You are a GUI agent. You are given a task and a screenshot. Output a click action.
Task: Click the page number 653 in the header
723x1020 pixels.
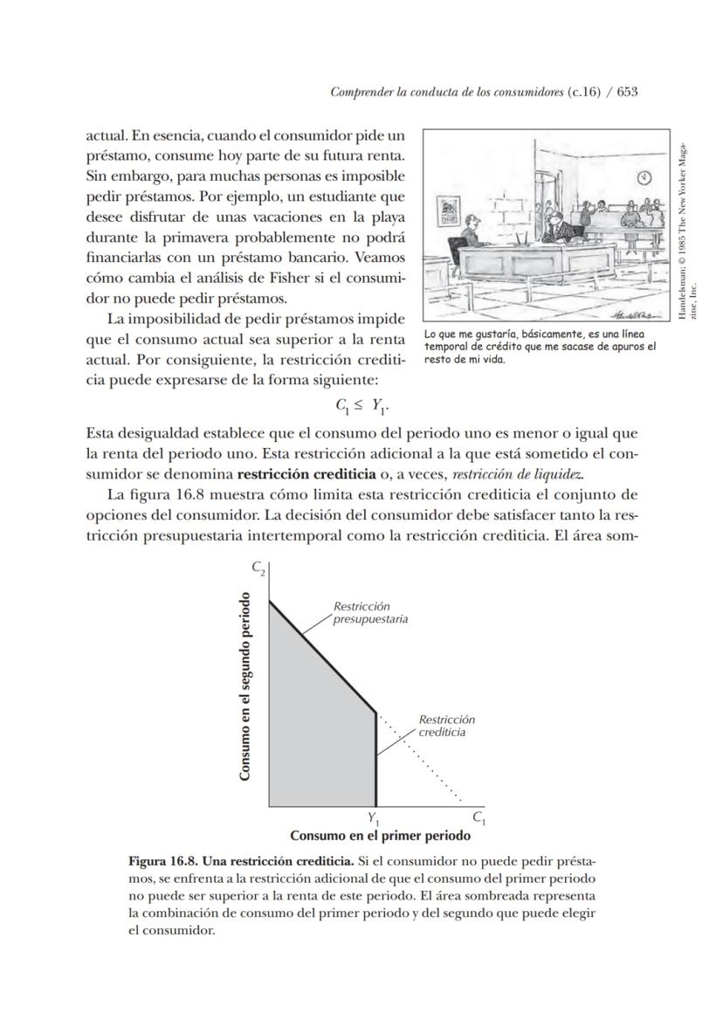[x=627, y=92]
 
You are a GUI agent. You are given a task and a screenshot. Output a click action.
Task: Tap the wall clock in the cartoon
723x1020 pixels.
[x=644, y=177]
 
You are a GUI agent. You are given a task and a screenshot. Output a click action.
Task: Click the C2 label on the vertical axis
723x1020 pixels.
[x=259, y=568]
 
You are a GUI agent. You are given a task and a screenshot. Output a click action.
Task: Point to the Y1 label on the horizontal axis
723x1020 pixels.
[x=374, y=819]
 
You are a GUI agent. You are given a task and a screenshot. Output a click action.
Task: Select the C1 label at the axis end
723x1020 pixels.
[x=479, y=818]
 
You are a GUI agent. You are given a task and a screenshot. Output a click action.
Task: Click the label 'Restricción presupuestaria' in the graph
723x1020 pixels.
[x=370, y=612]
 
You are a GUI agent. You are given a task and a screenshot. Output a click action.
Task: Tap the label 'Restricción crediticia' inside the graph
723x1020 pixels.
[x=446, y=726]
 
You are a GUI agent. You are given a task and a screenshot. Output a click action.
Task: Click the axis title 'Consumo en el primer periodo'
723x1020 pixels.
[x=380, y=836]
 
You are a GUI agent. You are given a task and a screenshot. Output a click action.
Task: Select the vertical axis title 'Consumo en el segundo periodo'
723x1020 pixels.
[x=246, y=686]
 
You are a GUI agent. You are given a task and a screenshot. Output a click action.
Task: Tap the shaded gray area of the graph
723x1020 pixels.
[x=319, y=725]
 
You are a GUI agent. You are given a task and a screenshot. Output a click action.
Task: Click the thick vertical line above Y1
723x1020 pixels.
[x=376, y=760]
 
